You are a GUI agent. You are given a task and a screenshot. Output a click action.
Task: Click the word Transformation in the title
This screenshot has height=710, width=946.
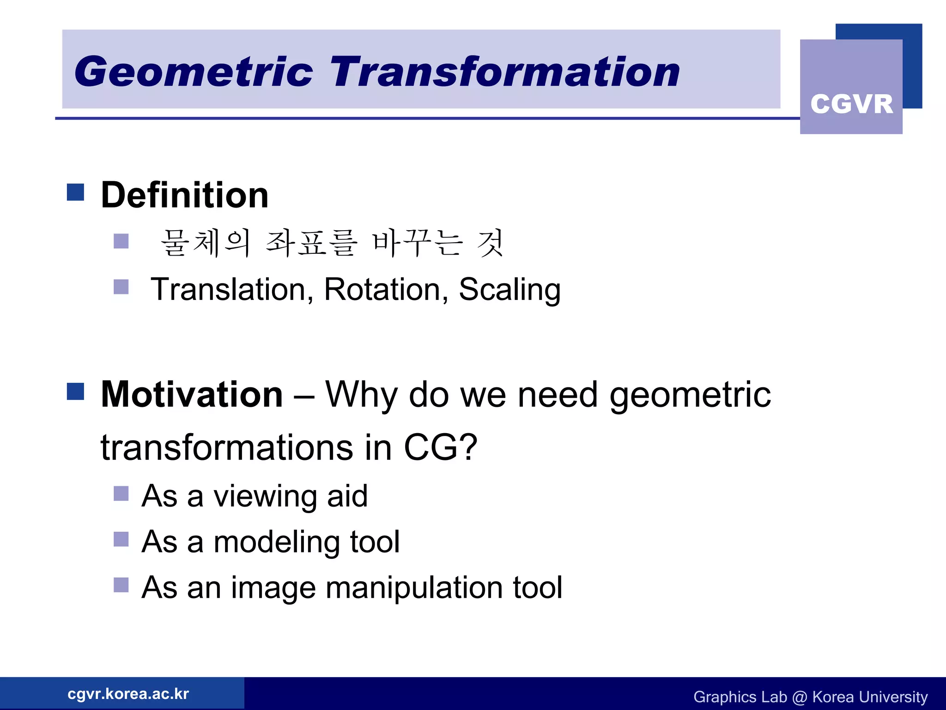[504, 72]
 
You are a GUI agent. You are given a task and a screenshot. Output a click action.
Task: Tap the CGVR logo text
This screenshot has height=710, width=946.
[851, 104]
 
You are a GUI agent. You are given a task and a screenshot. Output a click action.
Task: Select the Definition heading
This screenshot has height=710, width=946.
[185, 195]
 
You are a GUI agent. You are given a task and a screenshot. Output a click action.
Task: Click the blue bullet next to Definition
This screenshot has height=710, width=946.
[75, 192]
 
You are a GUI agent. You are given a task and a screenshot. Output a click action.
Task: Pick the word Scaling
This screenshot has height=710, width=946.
[509, 290]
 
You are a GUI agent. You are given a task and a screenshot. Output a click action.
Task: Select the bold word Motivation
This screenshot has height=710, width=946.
[192, 395]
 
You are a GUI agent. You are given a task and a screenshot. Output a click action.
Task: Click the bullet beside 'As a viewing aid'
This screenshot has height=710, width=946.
[121, 493]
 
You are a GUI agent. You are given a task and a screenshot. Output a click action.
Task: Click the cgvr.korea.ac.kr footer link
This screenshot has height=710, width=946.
[128, 694]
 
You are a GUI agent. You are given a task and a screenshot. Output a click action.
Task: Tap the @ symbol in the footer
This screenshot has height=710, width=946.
[800, 697]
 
